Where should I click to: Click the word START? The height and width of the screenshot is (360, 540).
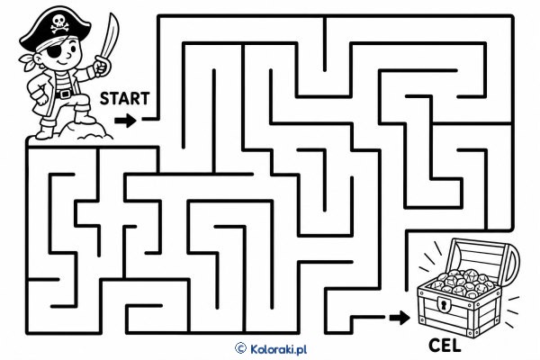(x=125, y=98)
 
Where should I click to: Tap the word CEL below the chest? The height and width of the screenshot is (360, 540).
(x=445, y=346)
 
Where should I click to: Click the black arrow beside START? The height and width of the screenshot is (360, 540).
(x=125, y=121)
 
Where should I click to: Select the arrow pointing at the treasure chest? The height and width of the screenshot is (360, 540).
(x=400, y=318)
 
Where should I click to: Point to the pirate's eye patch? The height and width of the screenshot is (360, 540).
(x=55, y=52)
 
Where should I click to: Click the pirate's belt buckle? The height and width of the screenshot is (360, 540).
(x=64, y=94)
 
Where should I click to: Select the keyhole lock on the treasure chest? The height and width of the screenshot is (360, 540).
(x=444, y=304)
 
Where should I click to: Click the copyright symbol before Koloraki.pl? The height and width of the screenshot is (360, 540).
(x=240, y=348)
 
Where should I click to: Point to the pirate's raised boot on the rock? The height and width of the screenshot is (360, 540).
(x=84, y=115)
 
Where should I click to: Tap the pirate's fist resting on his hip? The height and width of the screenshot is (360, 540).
(x=40, y=97)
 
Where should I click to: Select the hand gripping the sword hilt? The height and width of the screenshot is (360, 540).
(x=101, y=67)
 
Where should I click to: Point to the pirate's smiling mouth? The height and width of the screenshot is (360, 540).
(x=63, y=63)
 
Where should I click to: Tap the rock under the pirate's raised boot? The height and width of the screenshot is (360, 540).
(x=86, y=130)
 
